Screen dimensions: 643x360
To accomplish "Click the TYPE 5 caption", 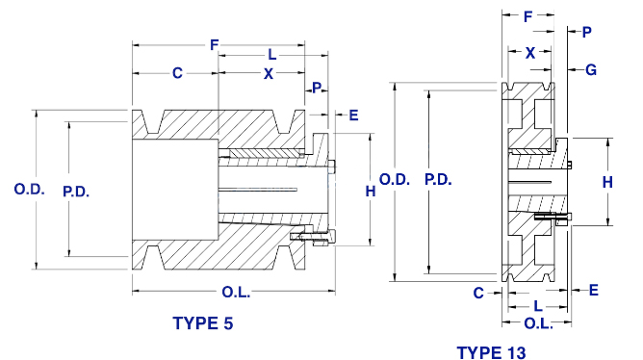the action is tap(203, 323).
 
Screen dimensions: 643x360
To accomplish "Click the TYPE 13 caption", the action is tap(491, 352).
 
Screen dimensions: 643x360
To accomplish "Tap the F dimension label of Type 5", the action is tap(214, 44).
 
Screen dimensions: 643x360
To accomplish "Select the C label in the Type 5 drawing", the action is tap(177, 73).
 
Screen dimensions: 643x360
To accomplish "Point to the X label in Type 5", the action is tap(269, 74).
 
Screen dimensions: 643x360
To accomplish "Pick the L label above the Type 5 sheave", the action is tap(271, 54).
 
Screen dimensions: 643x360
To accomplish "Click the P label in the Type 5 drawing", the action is tap(317, 88).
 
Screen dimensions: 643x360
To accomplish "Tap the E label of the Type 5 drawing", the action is tap(353, 116).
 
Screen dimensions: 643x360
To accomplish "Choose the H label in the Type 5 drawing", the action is tap(371, 192).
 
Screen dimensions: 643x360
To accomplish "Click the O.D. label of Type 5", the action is tap(29, 189).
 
